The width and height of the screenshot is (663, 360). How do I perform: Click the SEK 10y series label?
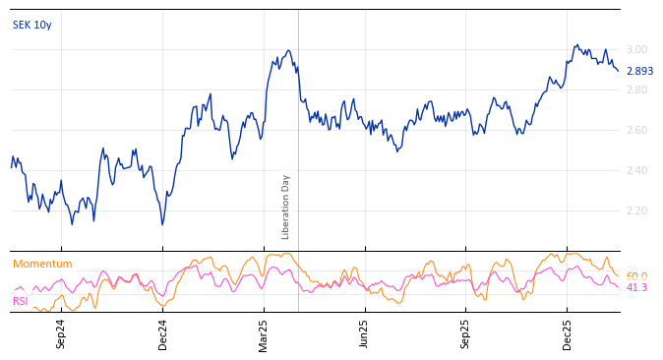point(32,25)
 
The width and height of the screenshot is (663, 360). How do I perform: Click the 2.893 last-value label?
point(638,71)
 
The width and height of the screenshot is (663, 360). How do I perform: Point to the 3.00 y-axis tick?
point(636,49)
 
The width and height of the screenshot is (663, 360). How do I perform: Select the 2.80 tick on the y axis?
point(636,90)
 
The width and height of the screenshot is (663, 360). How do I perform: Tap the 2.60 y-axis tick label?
point(636,130)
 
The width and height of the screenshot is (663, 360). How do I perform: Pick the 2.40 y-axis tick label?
point(636,170)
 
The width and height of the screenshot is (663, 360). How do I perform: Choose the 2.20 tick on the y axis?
point(636,210)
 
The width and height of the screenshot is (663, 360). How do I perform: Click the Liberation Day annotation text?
point(286,207)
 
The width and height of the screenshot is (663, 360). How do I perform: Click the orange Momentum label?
point(42,264)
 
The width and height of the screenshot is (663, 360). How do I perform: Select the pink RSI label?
point(21,301)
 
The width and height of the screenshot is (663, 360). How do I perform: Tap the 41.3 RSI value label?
point(636,287)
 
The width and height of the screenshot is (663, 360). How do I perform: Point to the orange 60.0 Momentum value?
point(636,276)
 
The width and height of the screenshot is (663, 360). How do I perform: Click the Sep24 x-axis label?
point(61,333)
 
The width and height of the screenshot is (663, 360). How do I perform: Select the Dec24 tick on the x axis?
point(163,333)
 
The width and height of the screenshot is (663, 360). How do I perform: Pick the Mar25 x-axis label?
point(264,333)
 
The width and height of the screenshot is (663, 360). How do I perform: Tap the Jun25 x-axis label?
point(365,333)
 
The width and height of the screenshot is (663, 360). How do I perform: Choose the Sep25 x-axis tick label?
point(466,333)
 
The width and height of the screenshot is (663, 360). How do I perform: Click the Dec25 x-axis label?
point(568,333)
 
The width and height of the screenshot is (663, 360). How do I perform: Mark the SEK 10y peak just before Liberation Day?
point(288,51)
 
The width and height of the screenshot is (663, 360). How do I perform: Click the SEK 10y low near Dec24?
point(162,224)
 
